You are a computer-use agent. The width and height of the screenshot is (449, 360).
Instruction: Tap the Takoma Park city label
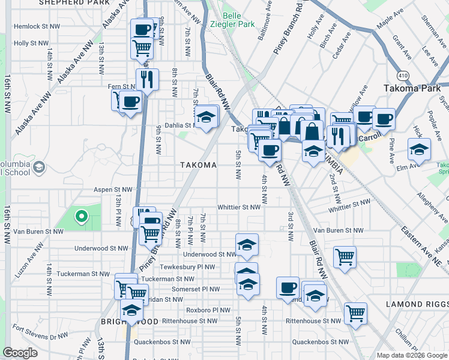pos(412,88)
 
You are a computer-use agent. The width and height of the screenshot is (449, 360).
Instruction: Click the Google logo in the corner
pos(20,353)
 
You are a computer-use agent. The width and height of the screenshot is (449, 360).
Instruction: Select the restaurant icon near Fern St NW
pos(146,78)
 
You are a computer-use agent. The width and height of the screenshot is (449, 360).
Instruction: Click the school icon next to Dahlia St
pos(206,116)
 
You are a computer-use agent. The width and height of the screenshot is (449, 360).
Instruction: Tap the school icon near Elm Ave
pos(419,149)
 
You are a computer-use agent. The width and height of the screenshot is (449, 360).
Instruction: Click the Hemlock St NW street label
pos(37,26)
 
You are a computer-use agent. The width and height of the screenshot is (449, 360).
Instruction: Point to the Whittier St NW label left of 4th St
pos(239,207)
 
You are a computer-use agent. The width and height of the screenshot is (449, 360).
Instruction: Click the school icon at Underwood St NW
pos(247,244)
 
